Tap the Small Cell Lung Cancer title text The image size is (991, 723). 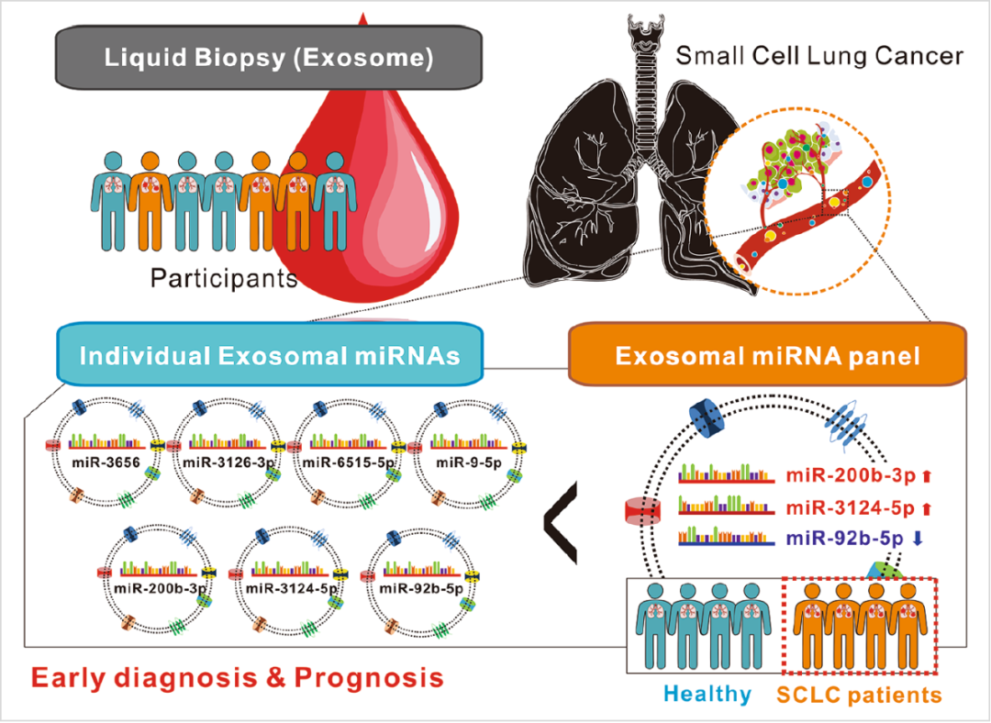pyautogui.click(x=819, y=56)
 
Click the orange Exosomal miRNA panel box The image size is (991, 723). pyautogui.click(x=767, y=354)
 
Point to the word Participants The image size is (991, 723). pyautogui.click(x=224, y=278)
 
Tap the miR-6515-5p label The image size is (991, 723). pyautogui.click(x=349, y=462)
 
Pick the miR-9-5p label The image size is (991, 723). pyautogui.click(x=468, y=462)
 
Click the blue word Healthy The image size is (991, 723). pyautogui.click(x=708, y=694)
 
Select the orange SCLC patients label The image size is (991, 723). pyautogui.click(x=859, y=695)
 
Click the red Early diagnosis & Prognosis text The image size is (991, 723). pyautogui.click(x=237, y=678)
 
